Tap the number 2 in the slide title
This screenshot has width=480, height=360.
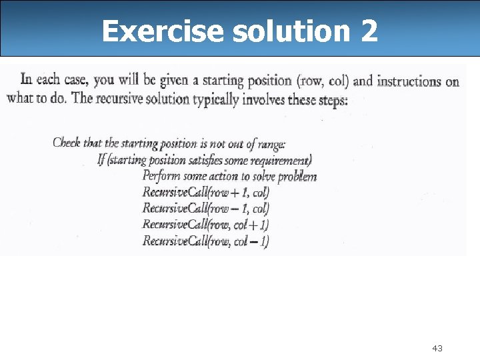369,31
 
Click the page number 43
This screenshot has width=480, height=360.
437,348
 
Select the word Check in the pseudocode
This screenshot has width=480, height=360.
67,143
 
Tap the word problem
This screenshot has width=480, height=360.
297,177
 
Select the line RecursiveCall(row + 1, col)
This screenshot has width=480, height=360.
205,193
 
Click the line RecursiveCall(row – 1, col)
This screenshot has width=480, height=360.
205,209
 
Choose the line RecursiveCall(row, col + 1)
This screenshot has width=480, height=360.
205,225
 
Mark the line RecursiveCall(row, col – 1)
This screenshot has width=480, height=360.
205,241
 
